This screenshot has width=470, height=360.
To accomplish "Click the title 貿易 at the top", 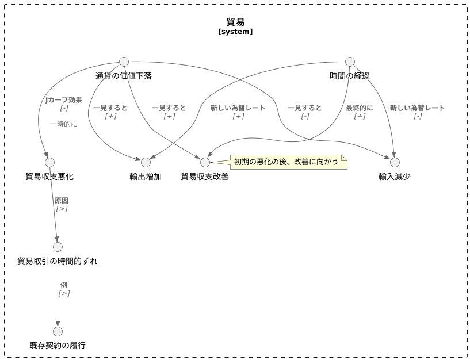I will pos(235,22).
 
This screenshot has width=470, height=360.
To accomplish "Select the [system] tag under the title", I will pos(235,32).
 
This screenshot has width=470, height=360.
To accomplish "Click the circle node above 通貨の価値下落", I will pos(124,62).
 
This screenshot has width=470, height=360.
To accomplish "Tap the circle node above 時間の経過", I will pos(350,62).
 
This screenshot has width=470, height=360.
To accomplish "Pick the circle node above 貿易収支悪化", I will pos(49,163).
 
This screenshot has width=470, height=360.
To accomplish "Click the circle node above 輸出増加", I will pos(146,163).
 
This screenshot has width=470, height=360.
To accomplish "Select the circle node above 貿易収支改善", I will pos(205,163).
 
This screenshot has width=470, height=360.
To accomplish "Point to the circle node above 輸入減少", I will pos(395,163).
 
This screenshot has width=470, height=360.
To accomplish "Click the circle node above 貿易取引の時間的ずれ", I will pos(58,247).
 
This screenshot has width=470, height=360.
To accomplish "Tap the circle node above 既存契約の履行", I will pos(58,332).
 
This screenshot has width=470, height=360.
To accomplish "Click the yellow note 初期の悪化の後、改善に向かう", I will pos(287,162).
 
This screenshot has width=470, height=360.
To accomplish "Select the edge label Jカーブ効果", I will pos(64,100).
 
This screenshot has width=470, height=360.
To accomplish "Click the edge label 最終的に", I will pos(360,108).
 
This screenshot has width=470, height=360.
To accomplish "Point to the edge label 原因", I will pos(62,201).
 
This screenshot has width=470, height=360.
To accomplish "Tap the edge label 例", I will pos(64,285).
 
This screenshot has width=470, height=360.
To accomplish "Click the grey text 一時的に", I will pos(64,124).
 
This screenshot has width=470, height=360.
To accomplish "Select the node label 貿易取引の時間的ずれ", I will pos(58,261).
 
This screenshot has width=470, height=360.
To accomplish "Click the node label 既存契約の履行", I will pos(58,346).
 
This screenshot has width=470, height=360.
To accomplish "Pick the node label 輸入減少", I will pos(395,177).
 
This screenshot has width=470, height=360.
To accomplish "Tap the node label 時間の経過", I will pos(350,76).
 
